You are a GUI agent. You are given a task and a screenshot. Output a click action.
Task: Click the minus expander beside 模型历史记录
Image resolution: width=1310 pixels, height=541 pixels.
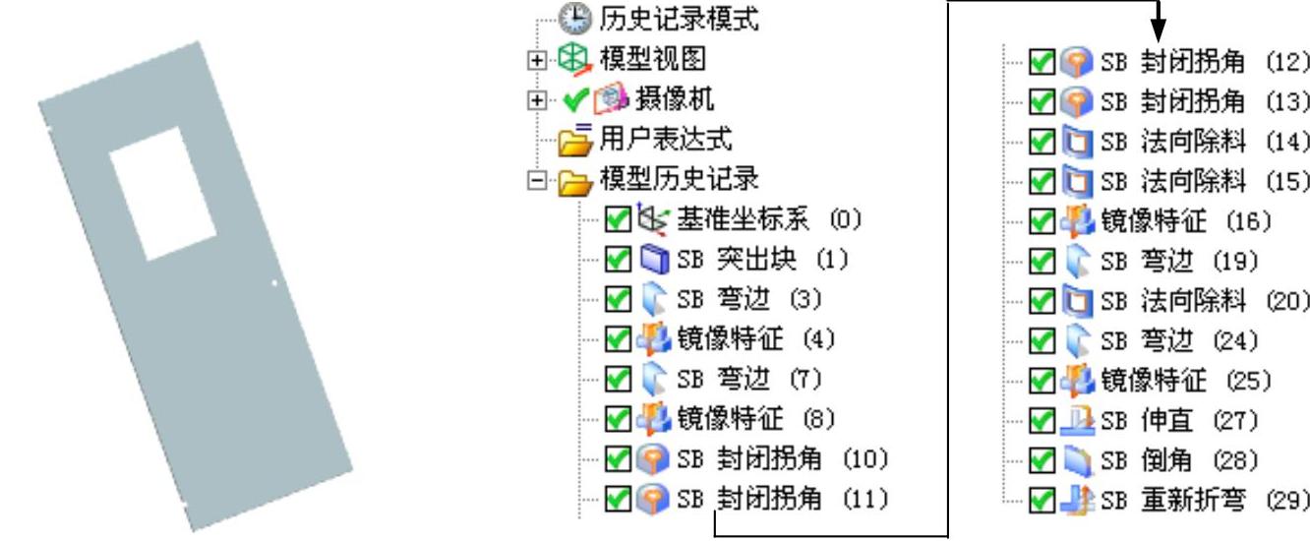[x=534, y=179]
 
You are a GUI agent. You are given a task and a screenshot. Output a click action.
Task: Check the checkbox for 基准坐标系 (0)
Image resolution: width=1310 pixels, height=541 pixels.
[x=617, y=218]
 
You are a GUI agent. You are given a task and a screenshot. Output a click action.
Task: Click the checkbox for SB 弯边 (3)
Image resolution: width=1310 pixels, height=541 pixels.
[x=617, y=299]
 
